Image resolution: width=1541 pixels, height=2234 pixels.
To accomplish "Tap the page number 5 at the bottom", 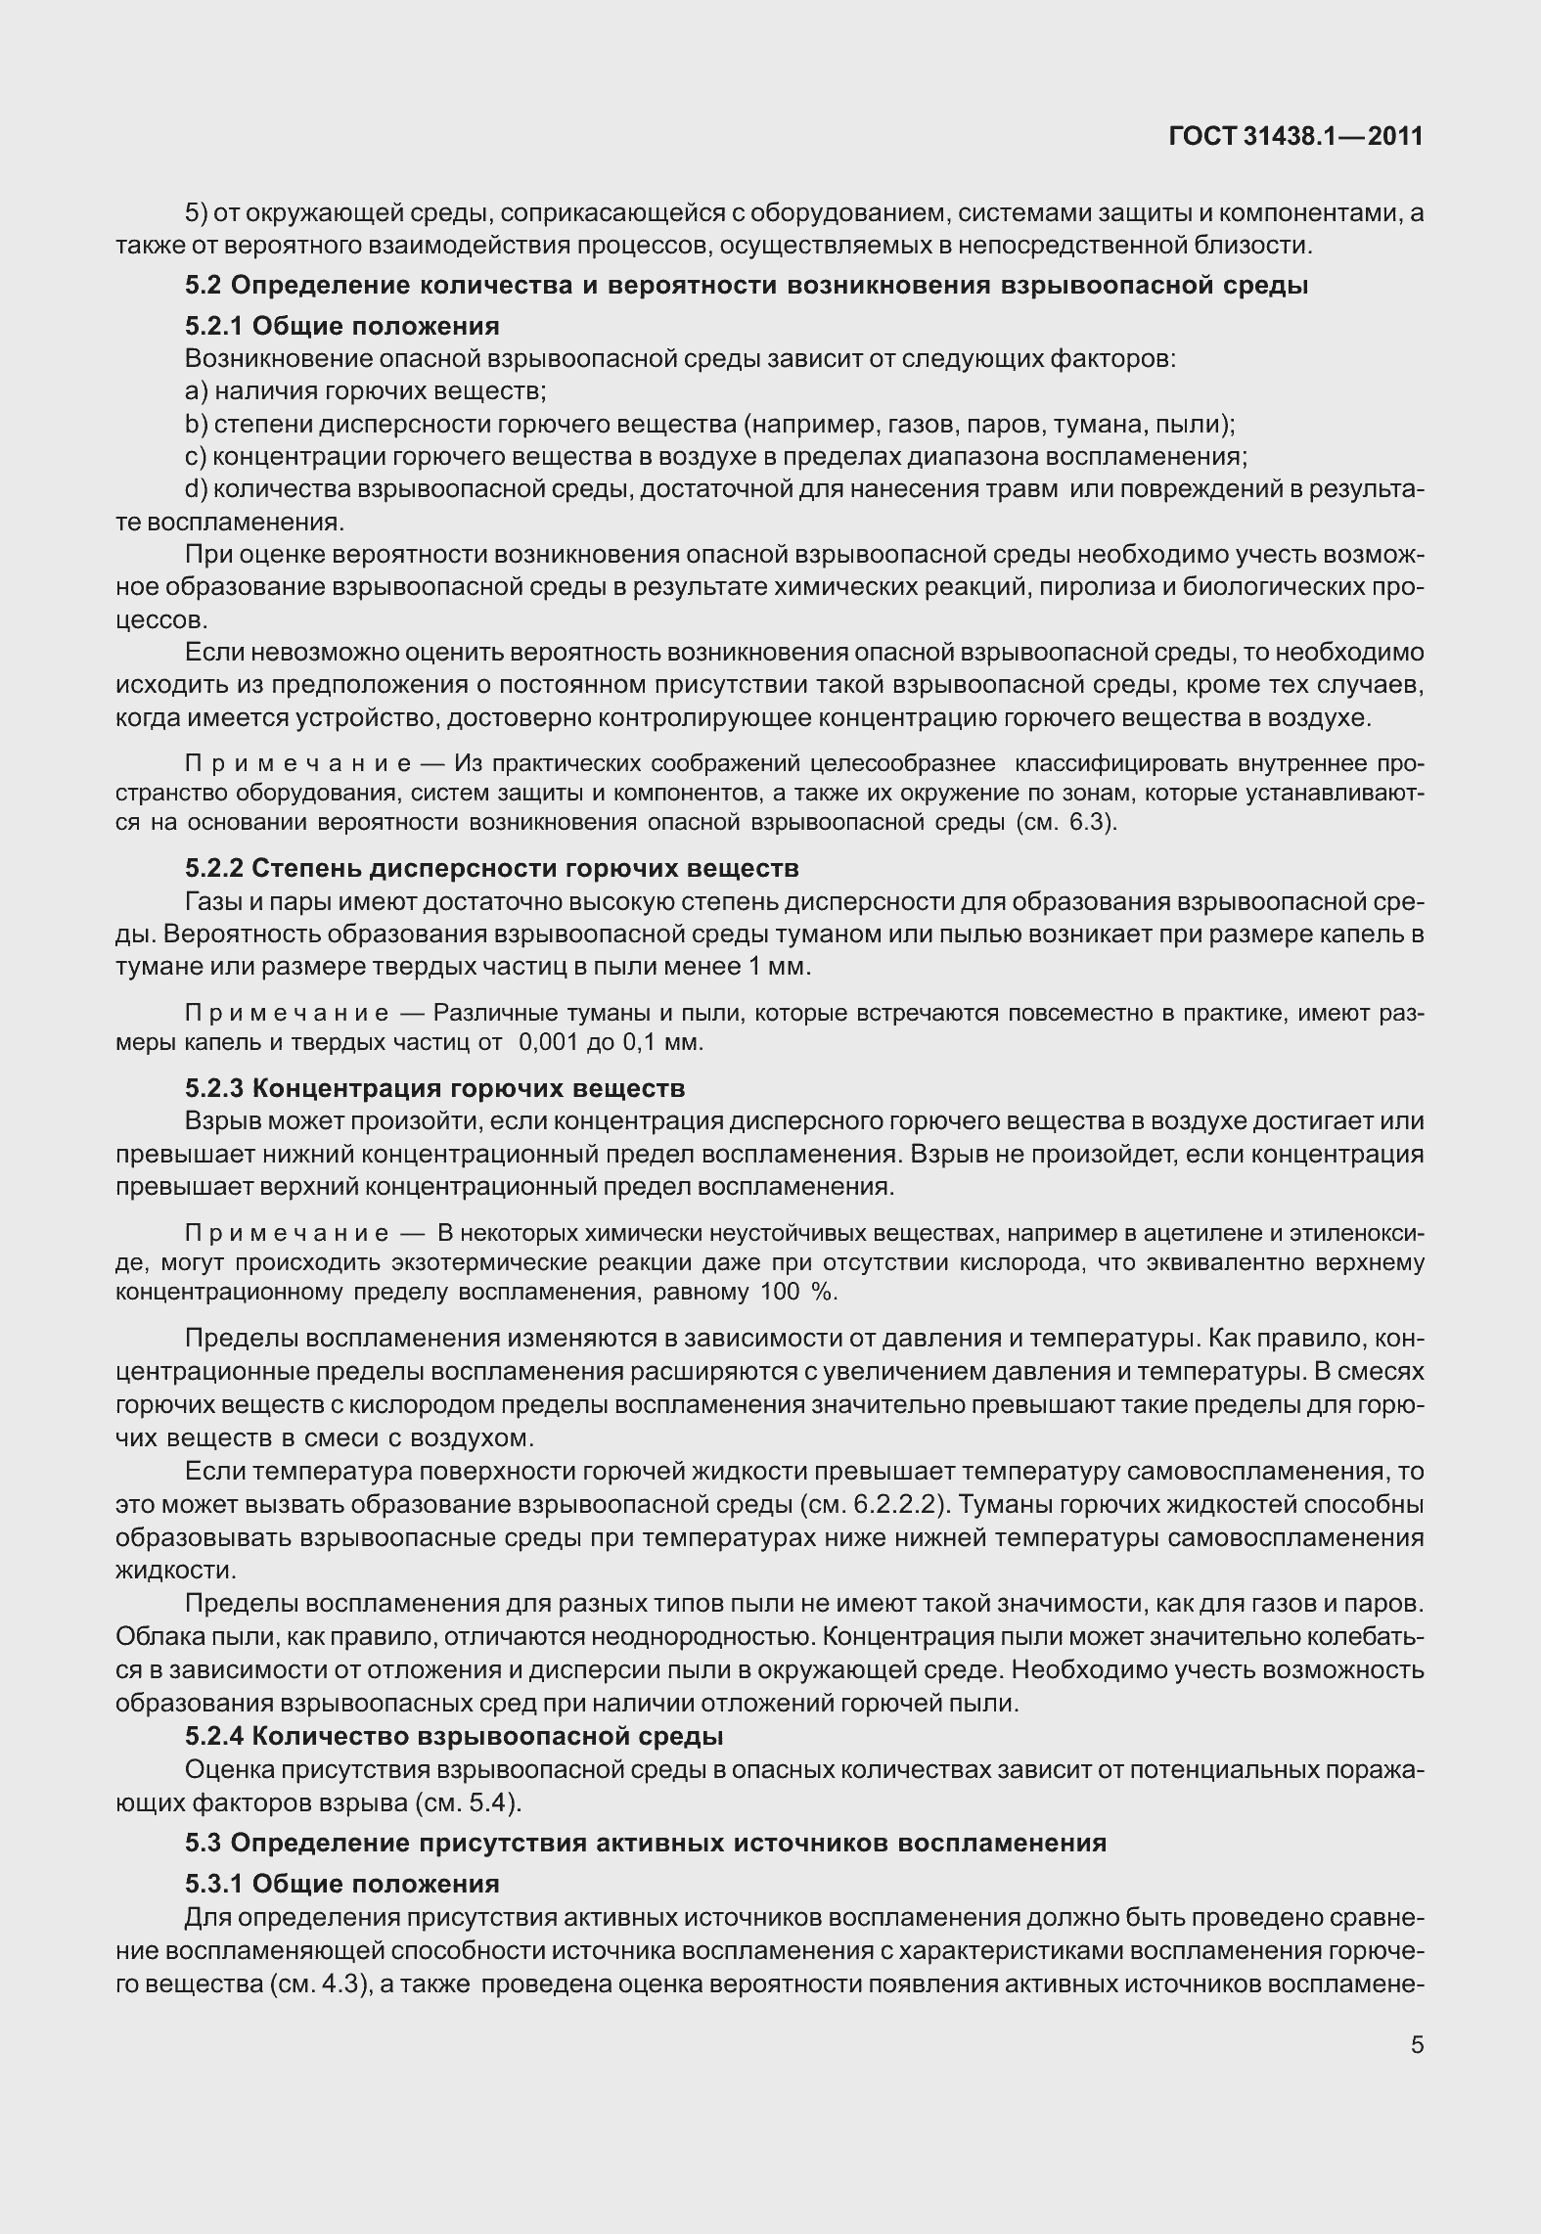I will click(1417, 2045).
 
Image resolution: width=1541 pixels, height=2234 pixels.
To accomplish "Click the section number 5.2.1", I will click(217, 326).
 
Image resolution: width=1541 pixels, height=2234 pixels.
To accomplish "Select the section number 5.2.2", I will click(217, 868).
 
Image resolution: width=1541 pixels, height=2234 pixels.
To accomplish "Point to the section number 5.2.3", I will click(217, 1088).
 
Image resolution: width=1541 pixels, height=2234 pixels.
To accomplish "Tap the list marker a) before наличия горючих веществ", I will click(195, 391).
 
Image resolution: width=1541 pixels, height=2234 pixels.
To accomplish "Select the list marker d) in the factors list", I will click(195, 489).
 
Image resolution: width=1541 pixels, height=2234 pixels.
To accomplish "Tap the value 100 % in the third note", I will click(796, 1293).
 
